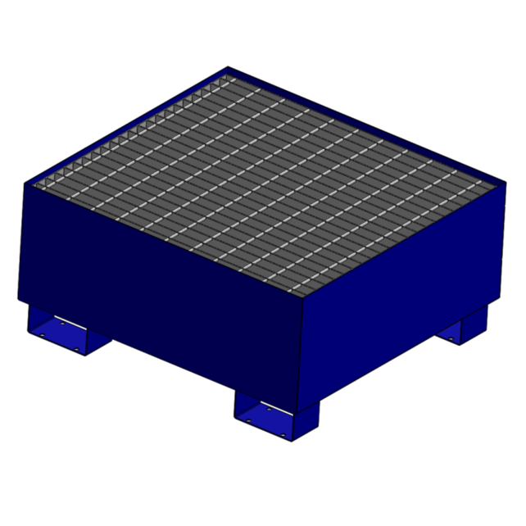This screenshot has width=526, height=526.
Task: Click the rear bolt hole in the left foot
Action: (x=62, y=324)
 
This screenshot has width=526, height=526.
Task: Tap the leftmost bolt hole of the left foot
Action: (x=42, y=335)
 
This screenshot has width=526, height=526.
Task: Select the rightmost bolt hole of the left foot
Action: (x=76, y=349)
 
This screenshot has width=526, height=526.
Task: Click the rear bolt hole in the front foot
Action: (x=269, y=409)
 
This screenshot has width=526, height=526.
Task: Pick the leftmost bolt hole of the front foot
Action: (x=248, y=420)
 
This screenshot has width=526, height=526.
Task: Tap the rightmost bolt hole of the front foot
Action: (x=283, y=435)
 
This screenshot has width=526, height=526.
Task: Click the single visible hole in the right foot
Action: (x=451, y=338)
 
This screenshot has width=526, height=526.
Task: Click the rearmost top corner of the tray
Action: (x=229, y=69)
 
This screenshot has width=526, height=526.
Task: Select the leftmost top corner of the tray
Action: (x=25, y=184)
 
